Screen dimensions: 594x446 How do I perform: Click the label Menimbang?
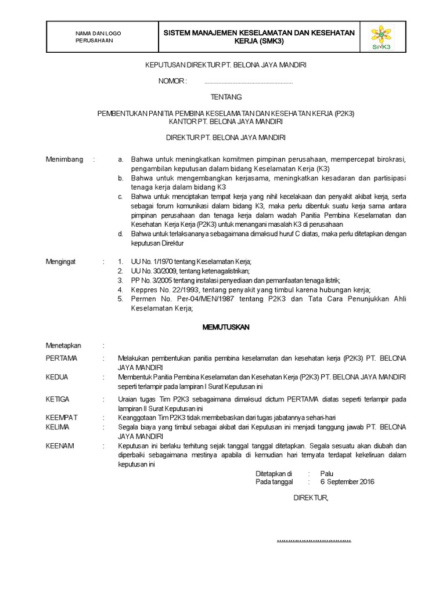(64, 160)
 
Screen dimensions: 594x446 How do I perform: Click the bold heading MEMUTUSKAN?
(225, 327)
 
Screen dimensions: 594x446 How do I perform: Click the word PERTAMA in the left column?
(62, 358)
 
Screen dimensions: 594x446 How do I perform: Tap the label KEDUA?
(57, 376)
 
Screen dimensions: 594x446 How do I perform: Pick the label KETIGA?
(57, 399)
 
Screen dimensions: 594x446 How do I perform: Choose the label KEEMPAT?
(62, 417)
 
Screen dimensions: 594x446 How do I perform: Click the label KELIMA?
(57, 427)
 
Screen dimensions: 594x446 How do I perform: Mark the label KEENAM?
(59, 445)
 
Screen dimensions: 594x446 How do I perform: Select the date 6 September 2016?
(347, 481)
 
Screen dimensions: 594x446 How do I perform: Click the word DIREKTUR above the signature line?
(311, 498)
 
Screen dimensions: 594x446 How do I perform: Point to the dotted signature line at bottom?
(314, 539)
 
